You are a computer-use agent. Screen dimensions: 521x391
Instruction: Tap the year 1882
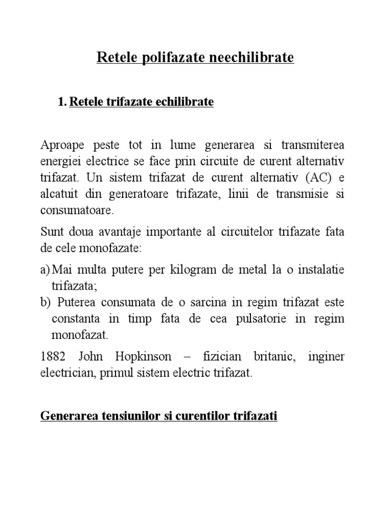click(x=52, y=356)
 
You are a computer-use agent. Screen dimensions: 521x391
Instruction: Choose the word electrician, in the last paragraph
click(x=65, y=373)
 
